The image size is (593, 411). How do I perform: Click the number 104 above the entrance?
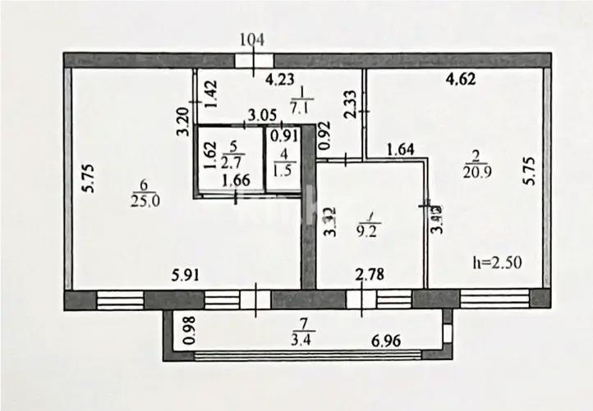[255, 39]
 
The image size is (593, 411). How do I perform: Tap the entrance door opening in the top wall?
[255, 61]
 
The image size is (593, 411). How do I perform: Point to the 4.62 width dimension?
[461, 80]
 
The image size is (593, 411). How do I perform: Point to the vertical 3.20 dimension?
[185, 122]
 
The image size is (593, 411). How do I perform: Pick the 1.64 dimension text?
[401, 149]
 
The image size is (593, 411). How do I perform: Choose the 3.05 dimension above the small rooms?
[261, 116]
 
